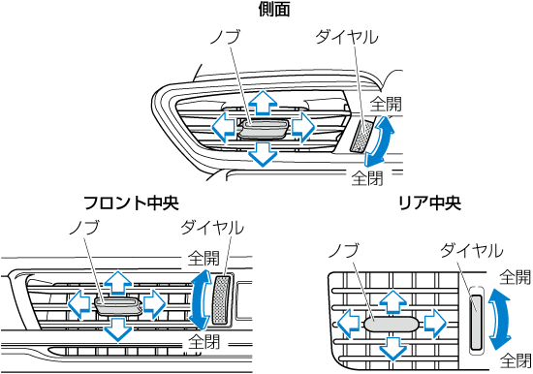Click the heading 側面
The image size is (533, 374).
click(x=273, y=10)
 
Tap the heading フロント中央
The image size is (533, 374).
click(x=131, y=203)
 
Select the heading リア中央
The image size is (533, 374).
click(x=429, y=203)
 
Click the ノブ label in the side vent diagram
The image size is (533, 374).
click(x=226, y=37)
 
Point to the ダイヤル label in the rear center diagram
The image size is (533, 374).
click(x=472, y=251)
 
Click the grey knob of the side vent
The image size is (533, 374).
click(x=263, y=129)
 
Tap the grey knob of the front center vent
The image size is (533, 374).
click(x=118, y=305)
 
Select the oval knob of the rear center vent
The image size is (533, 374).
click(x=392, y=325)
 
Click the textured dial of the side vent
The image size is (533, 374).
click(x=361, y=136)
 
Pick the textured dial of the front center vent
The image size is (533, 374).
click(x=221, y=299)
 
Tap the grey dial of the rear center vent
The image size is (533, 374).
click(x=476, y=322)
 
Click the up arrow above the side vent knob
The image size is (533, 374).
click(x=263, y=102)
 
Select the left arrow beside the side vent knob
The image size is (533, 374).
click(x=223, y=128)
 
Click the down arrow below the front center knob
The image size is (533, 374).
click(x=118, y=328)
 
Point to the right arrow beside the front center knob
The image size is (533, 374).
click(x=154, y=303)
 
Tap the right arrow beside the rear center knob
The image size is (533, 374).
click(x=435, y=324)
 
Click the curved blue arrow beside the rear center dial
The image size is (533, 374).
click(x=500, y=320)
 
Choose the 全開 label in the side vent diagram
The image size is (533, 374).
click(x=386, y=104)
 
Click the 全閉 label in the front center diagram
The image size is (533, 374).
click(x=204, y=341)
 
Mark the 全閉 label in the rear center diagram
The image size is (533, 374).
click(x=516, y=360)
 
